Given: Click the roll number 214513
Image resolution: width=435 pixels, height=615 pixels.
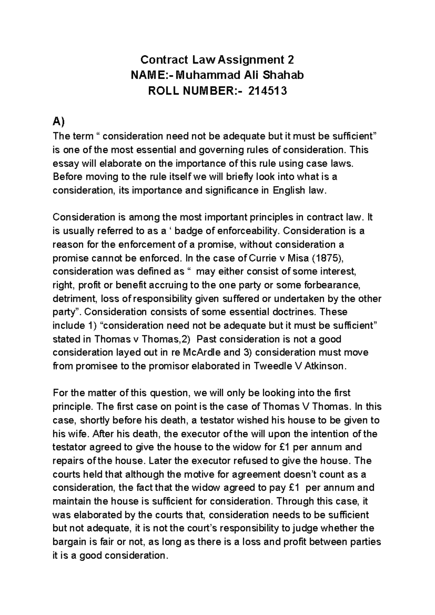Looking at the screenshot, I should tap(268, 91).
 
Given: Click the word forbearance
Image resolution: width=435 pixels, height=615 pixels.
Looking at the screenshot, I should tap(332, 285).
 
